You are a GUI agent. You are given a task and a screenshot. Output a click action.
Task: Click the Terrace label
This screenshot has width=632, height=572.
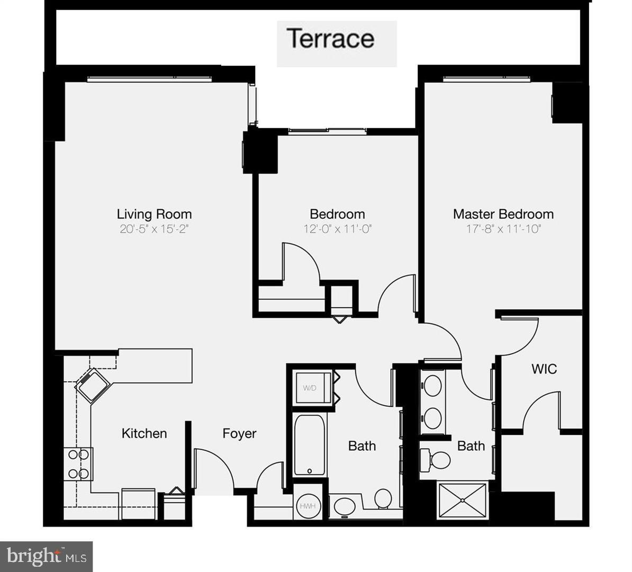(331, 39)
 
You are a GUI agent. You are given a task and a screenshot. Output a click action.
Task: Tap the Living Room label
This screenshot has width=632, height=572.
(154, 214)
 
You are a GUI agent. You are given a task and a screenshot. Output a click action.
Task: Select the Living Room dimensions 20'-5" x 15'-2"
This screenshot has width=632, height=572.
(154, 229)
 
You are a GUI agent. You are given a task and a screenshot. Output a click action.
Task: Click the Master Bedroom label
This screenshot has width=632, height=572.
(503, 214)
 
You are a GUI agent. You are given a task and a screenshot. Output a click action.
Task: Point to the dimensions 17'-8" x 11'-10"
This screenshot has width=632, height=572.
(503, 229)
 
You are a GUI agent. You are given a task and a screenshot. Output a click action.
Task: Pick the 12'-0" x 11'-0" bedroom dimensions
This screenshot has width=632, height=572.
(337, 229)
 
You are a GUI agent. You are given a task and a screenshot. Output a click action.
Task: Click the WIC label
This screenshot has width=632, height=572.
(544, 369)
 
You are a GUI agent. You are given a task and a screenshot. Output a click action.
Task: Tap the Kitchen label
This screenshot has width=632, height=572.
(144, 433)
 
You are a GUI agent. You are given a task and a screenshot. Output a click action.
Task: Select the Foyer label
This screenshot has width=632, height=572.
(239, 433)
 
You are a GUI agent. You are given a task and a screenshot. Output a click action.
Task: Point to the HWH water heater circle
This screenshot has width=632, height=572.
(308, 506)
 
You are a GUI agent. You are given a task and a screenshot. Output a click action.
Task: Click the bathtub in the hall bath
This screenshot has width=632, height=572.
(309, 445)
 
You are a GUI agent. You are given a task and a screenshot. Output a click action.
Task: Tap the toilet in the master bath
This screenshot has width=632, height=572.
(437, 459)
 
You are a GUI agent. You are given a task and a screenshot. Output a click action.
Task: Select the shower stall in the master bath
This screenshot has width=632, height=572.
(463, 499)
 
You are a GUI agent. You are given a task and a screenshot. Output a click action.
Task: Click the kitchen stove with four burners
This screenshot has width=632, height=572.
(78, 464)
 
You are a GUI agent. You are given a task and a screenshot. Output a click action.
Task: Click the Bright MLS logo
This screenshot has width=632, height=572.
(47, 556)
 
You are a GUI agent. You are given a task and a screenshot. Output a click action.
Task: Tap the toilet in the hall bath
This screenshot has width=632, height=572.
(383, 499)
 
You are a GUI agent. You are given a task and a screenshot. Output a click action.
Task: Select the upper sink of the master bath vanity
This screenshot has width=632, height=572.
(433, 386)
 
